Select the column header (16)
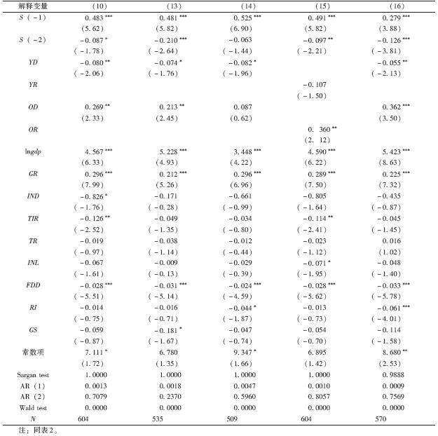pyautogui.click(x=385, y=6)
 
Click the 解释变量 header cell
pyautogui.click(x=32, y=6)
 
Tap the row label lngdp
pyautogui.click(x=32, y=151)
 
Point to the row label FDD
pyautogui.click(x=32, y=285)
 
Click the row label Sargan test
pyautogui.click(x=32, y=375)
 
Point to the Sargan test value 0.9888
pyautogui.click(x=385, y=375)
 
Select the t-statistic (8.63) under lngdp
pyautogui.click(x=385, y=162)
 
